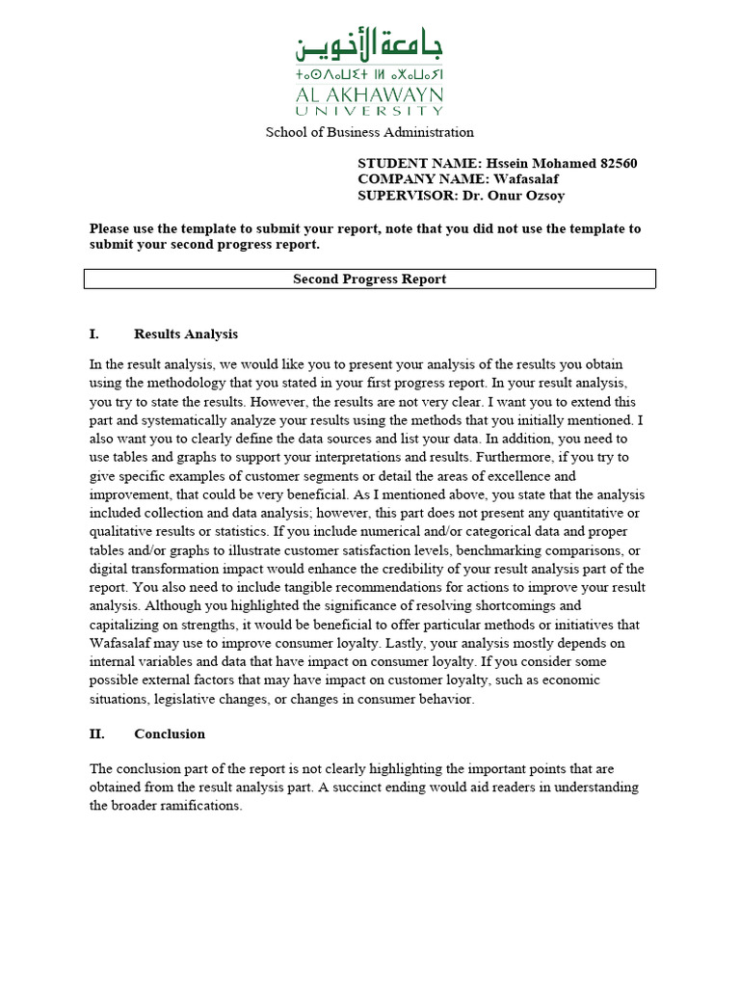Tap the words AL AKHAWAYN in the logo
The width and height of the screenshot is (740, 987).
369,94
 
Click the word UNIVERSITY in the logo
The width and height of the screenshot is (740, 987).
369,112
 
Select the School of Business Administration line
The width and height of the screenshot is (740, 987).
369,132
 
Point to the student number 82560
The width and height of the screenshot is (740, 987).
617,164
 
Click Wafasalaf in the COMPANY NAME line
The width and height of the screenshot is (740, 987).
526,179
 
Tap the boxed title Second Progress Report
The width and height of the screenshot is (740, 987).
369,280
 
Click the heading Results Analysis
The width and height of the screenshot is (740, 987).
186,334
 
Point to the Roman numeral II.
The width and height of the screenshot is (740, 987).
96,734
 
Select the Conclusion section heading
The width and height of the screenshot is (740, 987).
170,734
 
